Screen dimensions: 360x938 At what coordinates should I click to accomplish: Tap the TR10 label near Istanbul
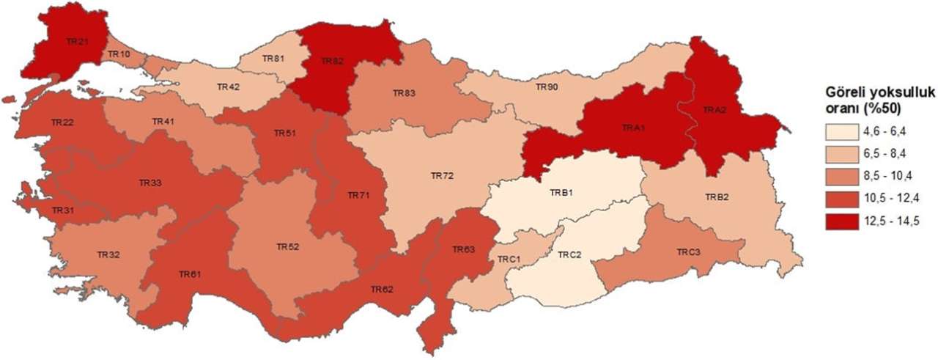coord(119,54)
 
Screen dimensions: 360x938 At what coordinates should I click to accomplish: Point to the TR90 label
coord(546,87)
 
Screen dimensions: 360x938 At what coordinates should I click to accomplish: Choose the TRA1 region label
coord(632,128)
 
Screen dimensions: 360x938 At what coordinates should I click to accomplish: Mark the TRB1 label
coord(561,194)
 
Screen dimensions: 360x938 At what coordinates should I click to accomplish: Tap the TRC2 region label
coord(569,255)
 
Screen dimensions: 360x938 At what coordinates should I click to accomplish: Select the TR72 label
coord(442,176)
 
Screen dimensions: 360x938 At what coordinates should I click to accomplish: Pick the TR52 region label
coord(287,246)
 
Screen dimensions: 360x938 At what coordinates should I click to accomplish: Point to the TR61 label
coord(189,273)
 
